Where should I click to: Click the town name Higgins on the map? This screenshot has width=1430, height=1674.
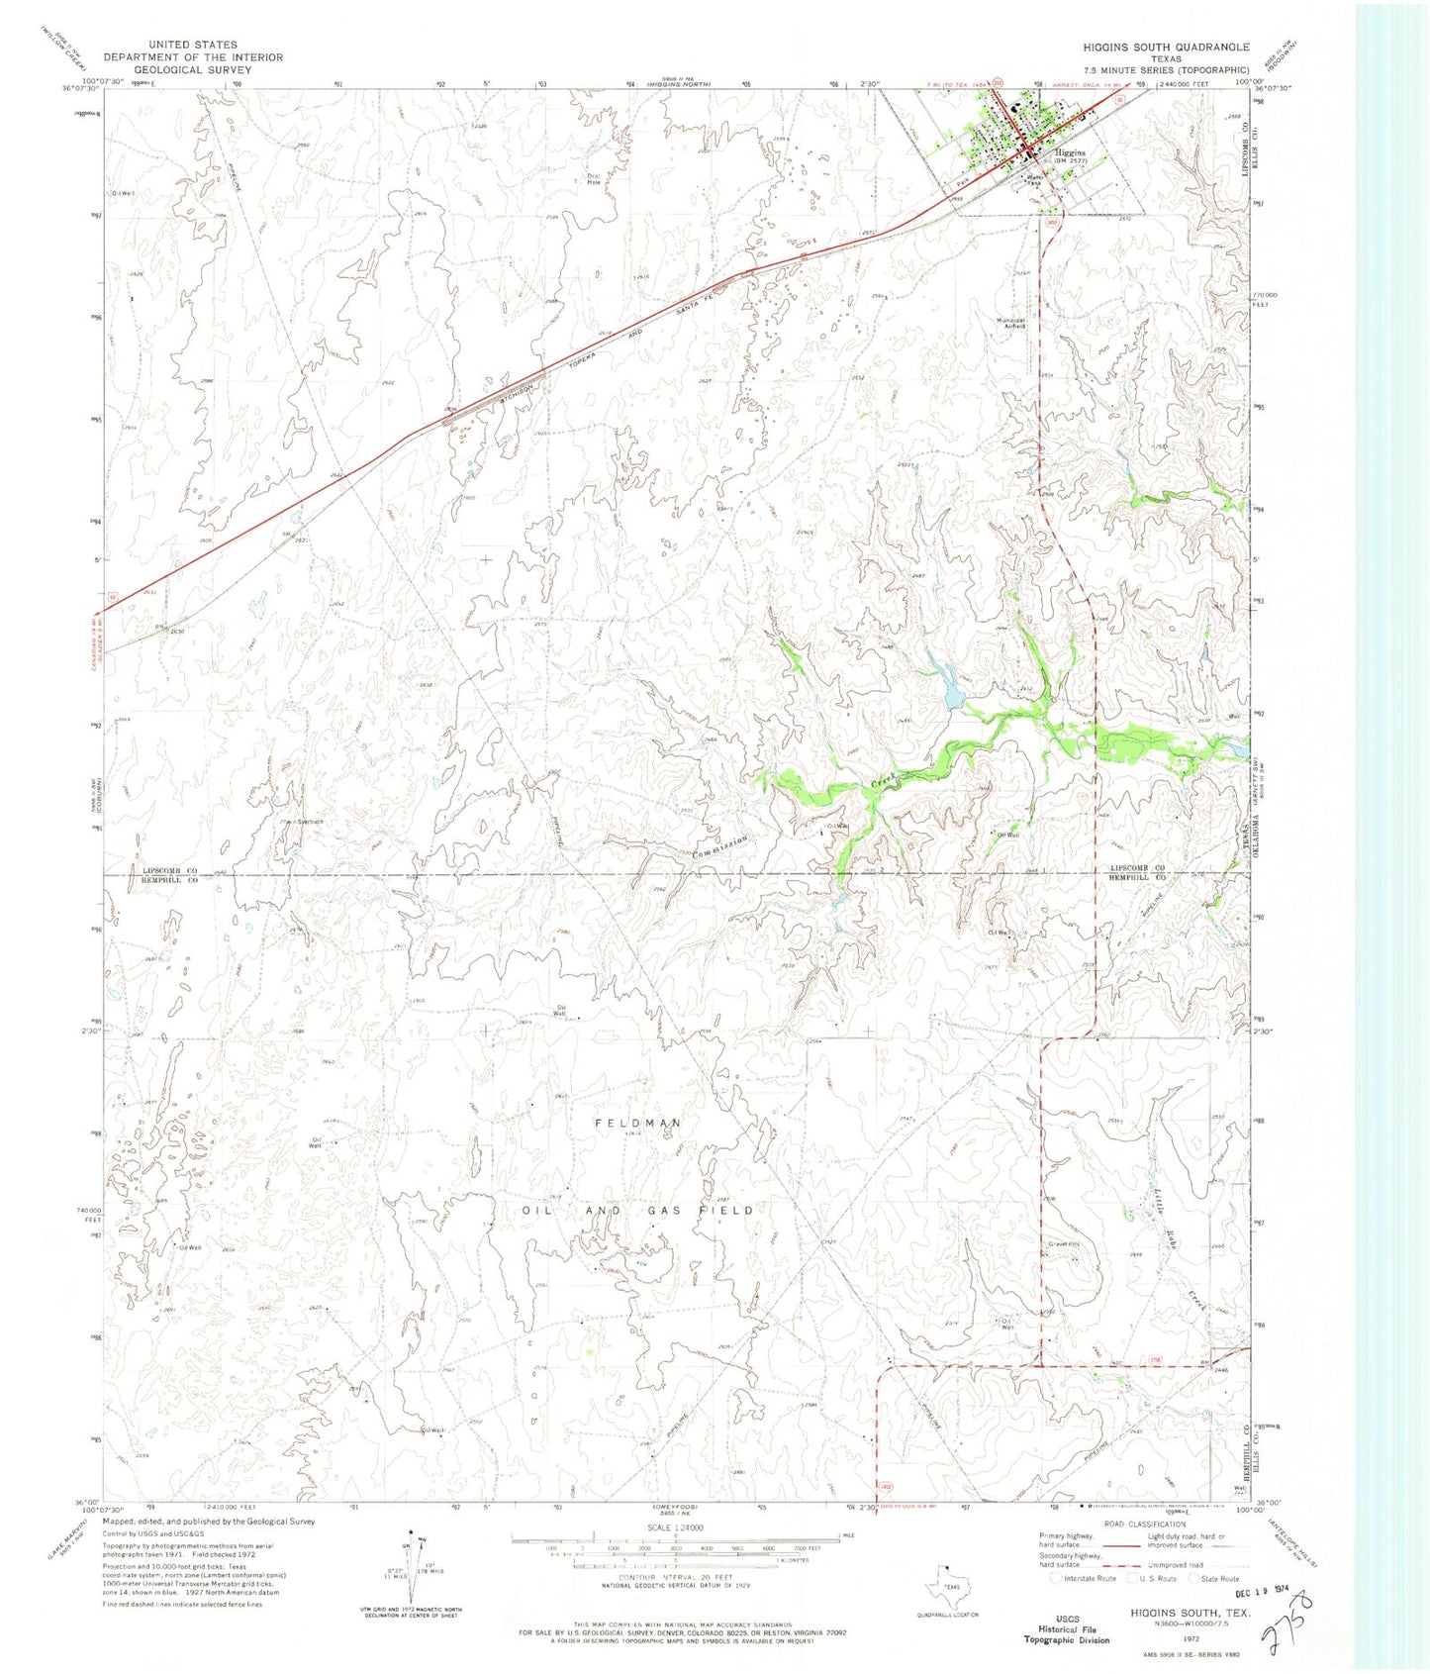click(1070, 153)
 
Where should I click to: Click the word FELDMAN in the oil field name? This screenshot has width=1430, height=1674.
click(638, 1123)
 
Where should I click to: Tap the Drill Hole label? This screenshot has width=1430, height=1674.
click(594, 180)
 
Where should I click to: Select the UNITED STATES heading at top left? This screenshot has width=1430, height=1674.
click(193, 45)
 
